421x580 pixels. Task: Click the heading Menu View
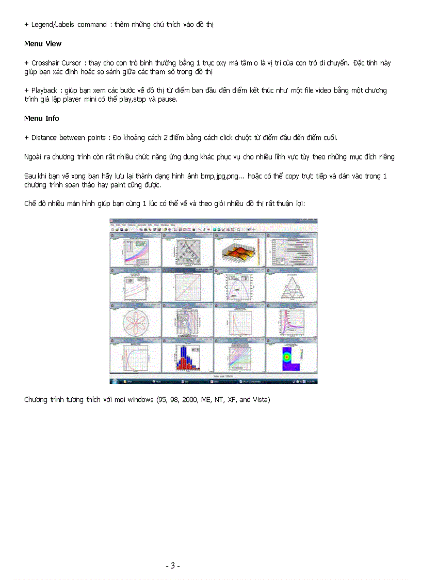point(43,44)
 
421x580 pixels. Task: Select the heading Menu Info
point(42,118)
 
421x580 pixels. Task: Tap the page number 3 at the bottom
point(172,566)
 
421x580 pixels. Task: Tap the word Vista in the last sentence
point(260,400)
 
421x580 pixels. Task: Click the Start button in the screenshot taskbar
point(114,381)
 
